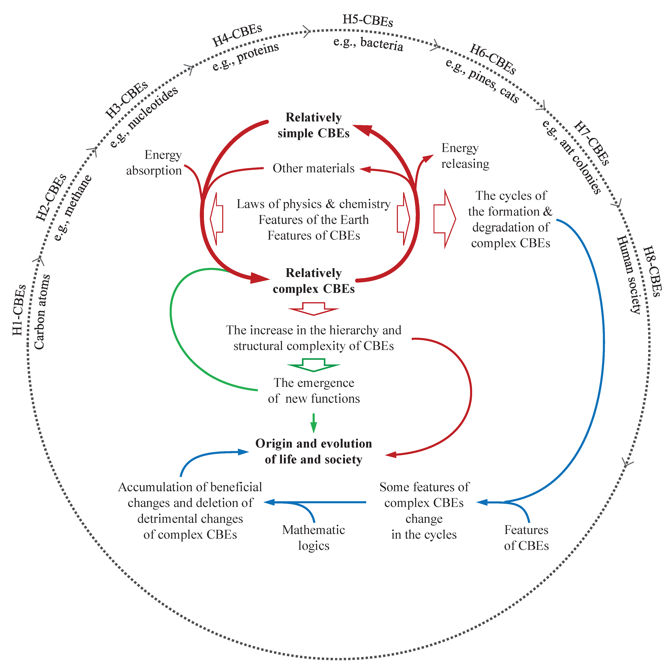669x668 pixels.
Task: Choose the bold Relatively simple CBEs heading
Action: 313,125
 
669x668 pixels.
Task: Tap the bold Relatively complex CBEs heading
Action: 313,281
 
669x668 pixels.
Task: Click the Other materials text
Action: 313,168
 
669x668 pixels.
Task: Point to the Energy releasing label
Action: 465,156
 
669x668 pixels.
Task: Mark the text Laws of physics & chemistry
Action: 313,204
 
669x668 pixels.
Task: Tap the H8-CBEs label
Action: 652,271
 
